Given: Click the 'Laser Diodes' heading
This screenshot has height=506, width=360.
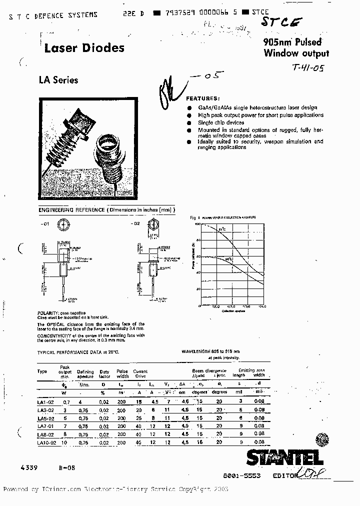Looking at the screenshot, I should point(84,48).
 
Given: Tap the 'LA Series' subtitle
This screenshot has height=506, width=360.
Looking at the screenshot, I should point(58,79).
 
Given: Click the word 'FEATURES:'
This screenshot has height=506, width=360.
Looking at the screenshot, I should point(202,99).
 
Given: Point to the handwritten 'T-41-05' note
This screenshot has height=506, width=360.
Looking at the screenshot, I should point(307,69).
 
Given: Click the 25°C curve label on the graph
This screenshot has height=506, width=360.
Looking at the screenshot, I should point(222,228).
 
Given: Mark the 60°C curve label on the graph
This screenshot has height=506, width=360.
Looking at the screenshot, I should point(228,259).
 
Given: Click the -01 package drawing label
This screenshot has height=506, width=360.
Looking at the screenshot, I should point(44,224).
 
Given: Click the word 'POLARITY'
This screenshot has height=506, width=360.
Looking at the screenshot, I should point(48,313).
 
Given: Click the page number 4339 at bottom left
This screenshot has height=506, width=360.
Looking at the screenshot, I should point(29,466).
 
